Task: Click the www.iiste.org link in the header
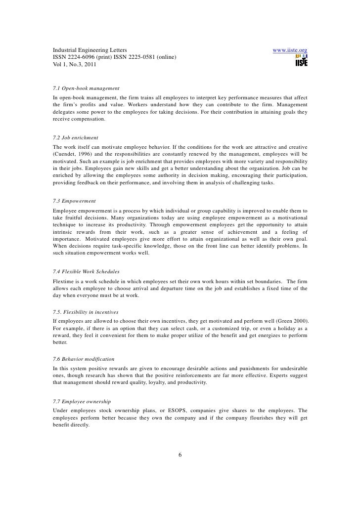(x=290, y=50)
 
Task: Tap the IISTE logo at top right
(x=301, y=61)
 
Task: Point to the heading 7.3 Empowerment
(x=74, y=201)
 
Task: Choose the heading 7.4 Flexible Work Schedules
(x=87, y=271)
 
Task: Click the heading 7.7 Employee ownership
(x=82, y=400)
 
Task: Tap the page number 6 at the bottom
(x=180, y=455)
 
